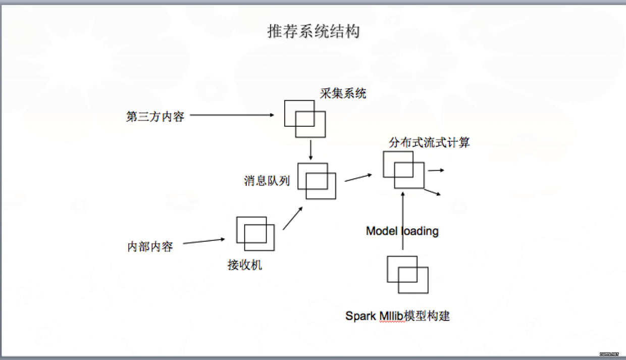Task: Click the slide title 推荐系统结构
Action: tap(314, 31)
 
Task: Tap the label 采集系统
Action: tap(343, 93)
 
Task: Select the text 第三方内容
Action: tap(155, 117)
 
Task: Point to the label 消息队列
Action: tap(267, 181)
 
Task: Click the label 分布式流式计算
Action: tap(429, 142)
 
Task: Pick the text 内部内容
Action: tap(150, 247)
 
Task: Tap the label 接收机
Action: tap(245, 265)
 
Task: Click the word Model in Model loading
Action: tap(382, 231)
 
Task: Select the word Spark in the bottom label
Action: tap(361, 316)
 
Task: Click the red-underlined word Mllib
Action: tap(391, 316)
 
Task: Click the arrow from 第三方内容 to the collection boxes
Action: tap(232, 115)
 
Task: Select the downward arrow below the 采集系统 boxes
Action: tap(310, 150)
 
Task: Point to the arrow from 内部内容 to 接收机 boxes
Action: tap(204, 241)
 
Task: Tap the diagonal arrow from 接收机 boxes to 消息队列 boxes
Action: tap(293, 218)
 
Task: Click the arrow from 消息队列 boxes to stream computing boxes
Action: tap(358, 178)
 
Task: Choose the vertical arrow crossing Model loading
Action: tap(403, 221)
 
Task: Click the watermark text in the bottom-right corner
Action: tap(609, 354)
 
